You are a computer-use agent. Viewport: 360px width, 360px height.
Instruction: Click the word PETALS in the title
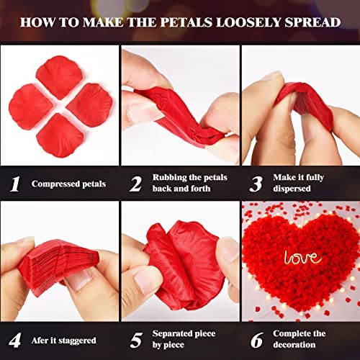point(186,22)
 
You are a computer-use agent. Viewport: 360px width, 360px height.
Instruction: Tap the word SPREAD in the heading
point(312,22)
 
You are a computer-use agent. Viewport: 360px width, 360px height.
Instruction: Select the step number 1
point(15,184)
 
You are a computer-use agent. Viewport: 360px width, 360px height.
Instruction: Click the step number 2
point(136,184)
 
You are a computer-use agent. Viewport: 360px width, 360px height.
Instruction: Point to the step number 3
point(256,184)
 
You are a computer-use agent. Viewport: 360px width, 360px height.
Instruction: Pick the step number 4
point(14,340)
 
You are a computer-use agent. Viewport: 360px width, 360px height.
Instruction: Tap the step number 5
point(136,341)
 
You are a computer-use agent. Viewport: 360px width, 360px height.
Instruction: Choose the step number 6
point(257,341)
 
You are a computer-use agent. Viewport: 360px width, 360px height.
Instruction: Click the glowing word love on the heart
point(302,258)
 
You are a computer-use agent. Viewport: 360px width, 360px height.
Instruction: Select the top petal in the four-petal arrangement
point(60,77)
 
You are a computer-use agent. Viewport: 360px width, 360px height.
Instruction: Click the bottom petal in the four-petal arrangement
point(60,135)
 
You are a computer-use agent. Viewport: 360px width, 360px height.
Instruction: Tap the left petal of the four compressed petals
point(30,107)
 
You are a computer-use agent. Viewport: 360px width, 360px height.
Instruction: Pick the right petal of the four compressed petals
point(90,105)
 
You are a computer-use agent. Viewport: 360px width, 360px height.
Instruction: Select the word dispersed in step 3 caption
point(292,189)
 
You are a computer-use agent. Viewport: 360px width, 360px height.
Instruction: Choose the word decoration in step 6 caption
point(294,345)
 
